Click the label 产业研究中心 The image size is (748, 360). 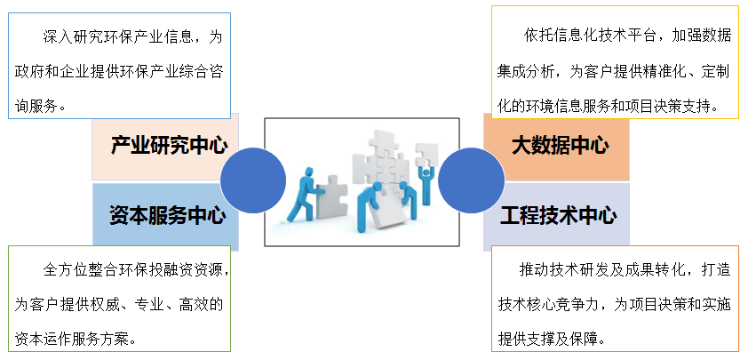click(x=170, y=145)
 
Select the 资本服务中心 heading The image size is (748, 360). click(x=168, y=215)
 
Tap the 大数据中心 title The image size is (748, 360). click(x=560, y=145)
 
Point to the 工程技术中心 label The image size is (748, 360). click(x=558, y=215)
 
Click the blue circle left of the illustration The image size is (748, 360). click(x=253, y=180)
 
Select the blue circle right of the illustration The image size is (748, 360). click(x=472, y=180)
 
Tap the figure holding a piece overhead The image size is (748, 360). click(x=426, y=180)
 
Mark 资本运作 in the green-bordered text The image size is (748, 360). click(x=36, y=340)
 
